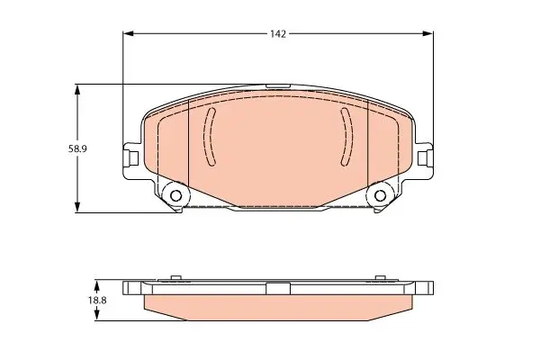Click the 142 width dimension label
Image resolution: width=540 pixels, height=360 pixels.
pos(278,34)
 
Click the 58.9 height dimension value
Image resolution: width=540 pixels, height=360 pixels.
pos(77,148)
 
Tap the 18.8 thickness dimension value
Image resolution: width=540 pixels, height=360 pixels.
pos(97,300)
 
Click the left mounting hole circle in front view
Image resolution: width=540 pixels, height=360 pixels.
pos(176,195)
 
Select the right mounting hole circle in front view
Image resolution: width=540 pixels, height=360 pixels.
pos(380,195)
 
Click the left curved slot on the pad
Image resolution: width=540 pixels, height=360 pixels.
pos(208,137)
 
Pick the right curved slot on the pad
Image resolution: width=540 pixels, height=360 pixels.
pos(347,137)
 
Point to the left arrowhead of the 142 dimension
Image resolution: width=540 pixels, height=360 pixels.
pos(128,33)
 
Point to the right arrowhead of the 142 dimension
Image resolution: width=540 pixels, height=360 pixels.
pos(428,33)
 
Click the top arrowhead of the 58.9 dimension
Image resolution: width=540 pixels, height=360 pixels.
pos(77,90)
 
